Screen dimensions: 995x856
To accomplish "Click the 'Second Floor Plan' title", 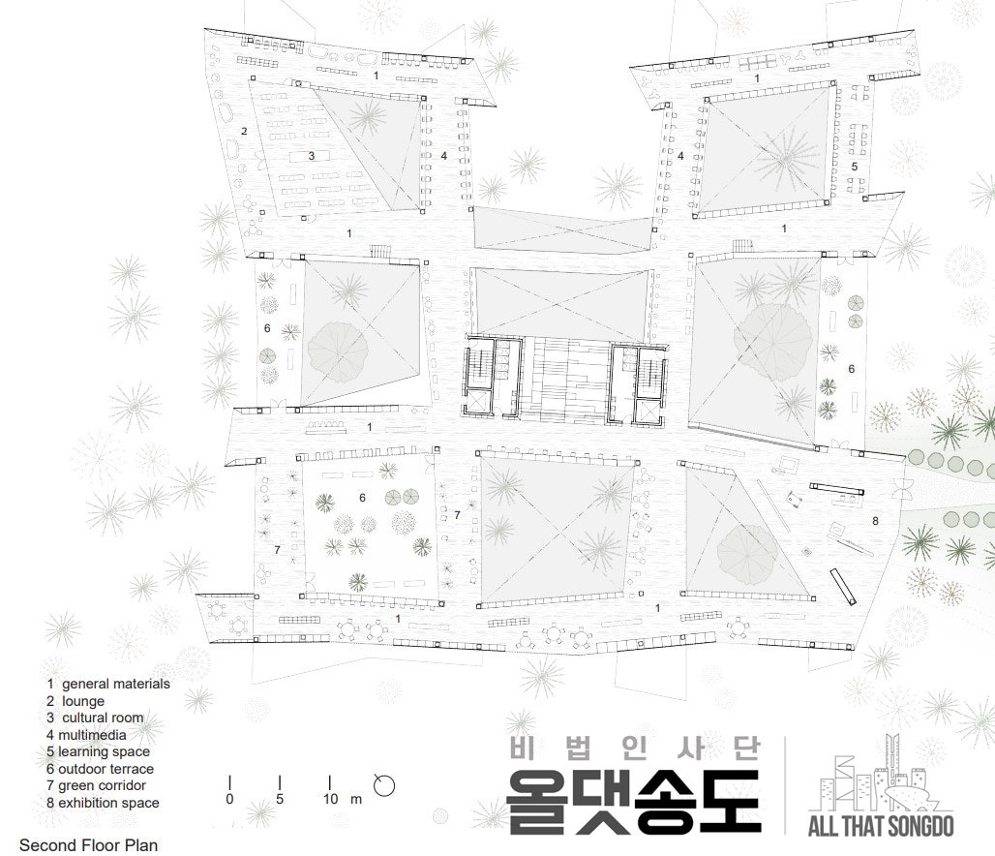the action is click(88, 845).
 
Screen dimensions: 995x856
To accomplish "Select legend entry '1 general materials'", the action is click(107, 684).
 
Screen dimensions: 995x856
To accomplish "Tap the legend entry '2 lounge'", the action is click(75, 701).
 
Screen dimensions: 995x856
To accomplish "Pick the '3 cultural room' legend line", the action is click(95, 718).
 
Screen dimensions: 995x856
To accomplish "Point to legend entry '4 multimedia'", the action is click(86, 735).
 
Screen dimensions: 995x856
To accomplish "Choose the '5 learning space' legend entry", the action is click(98, 751).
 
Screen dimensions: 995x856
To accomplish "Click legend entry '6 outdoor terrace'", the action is click(100, 769).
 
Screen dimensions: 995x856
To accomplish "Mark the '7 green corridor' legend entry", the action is click(96, 785).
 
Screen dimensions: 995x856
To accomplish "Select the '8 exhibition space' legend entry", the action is click(103, 803).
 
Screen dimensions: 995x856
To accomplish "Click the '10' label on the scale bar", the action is click(331, 799).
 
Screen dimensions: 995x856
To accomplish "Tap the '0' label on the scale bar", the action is click(229, 799).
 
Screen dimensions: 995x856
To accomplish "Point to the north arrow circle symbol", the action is click(384, 785).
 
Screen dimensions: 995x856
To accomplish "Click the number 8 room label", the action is click(876, 521).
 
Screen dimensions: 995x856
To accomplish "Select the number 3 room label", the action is click(312, 156).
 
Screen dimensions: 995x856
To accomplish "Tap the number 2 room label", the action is click(244, 132).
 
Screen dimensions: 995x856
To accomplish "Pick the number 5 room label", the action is click(855, 167).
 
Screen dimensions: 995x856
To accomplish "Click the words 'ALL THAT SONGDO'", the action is click(881, 826).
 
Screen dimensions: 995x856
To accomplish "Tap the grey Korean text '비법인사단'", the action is click(635, 748).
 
